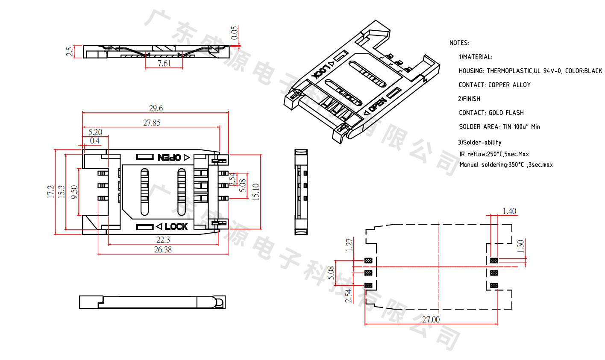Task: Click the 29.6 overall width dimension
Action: [156, 108]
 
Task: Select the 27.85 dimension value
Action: [152, 123]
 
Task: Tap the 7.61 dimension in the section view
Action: [164, 64]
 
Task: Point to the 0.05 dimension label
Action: [235, 33]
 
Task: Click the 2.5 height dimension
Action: [69, 52]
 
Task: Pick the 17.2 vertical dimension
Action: [50, 192]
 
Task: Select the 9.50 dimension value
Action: [74, 192]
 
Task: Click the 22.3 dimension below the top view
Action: [163, 240]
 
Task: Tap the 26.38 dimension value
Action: [163, 250]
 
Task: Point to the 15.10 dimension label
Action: [256, 192]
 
